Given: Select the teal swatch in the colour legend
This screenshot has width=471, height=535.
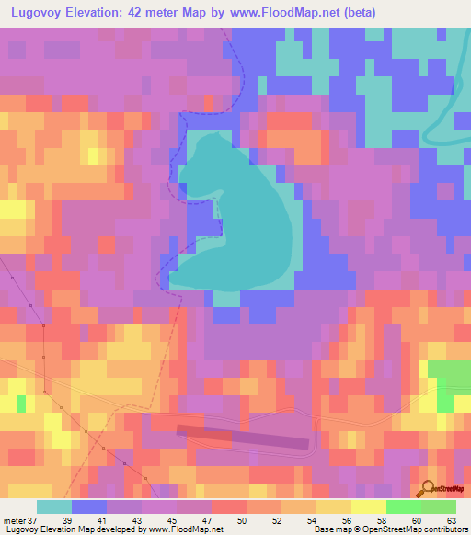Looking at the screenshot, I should (x=54, y=507).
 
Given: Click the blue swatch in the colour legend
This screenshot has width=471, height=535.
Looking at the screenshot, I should (x=89, y=507).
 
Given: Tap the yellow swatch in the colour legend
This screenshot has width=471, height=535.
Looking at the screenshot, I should (x=334, y=507).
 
